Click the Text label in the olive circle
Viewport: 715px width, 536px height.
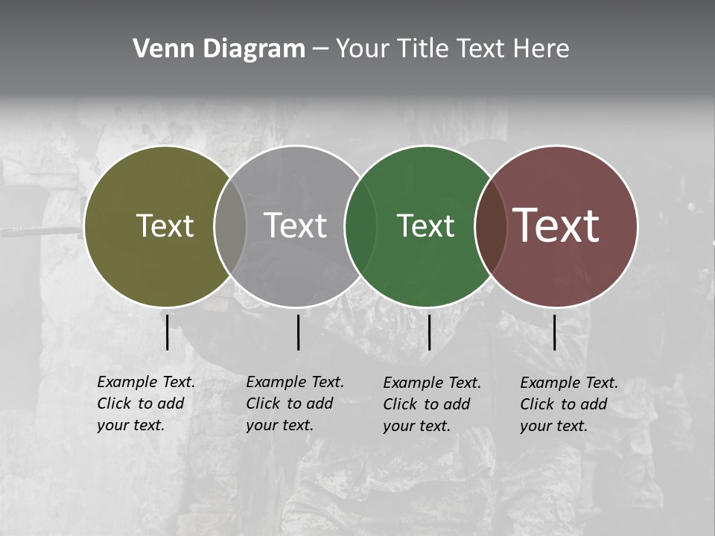coord(165,226)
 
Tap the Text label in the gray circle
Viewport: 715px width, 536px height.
coord(295,226)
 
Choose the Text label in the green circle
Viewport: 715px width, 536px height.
coord(425,226)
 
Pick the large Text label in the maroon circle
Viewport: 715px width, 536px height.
coord(556,226)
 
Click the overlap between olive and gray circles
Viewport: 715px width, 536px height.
coord(230,226)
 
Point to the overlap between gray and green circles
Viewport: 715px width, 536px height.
coord(360,226)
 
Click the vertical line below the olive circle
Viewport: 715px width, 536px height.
coord(167,332)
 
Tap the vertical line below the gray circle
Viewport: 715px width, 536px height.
coord(298,332)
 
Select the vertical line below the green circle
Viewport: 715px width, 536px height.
coord(429,332)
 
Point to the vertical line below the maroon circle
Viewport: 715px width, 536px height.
coord(554,332)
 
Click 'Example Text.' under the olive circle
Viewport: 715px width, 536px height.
coord(146,382)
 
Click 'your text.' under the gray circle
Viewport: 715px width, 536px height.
coord(279,425)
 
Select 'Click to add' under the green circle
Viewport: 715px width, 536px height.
coord(427,404)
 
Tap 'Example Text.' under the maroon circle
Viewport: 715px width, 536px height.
coord(569,383)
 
